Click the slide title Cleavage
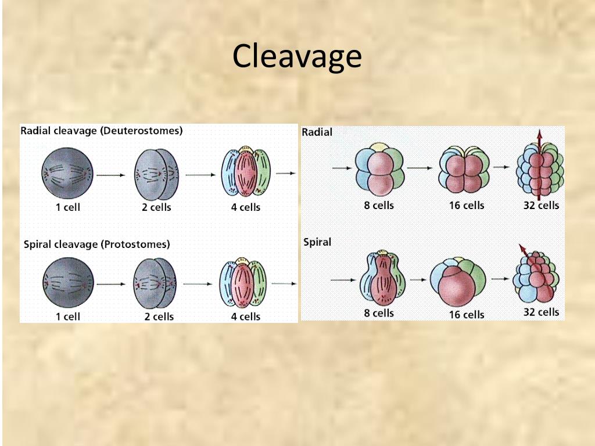tap(297, 56)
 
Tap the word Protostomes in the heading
tap(135, 244)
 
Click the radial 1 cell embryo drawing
tap(67, 172)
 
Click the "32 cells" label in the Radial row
tap(541, 205)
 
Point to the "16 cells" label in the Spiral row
tap(466, 314)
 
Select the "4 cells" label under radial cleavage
tap(246, 207)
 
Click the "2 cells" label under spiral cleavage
tap(159, 316)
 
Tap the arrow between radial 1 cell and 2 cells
tap(110, 175)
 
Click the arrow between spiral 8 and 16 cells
tap(417, 279)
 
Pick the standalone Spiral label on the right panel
tap(317, 242)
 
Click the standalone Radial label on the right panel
tap(317, 132)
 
